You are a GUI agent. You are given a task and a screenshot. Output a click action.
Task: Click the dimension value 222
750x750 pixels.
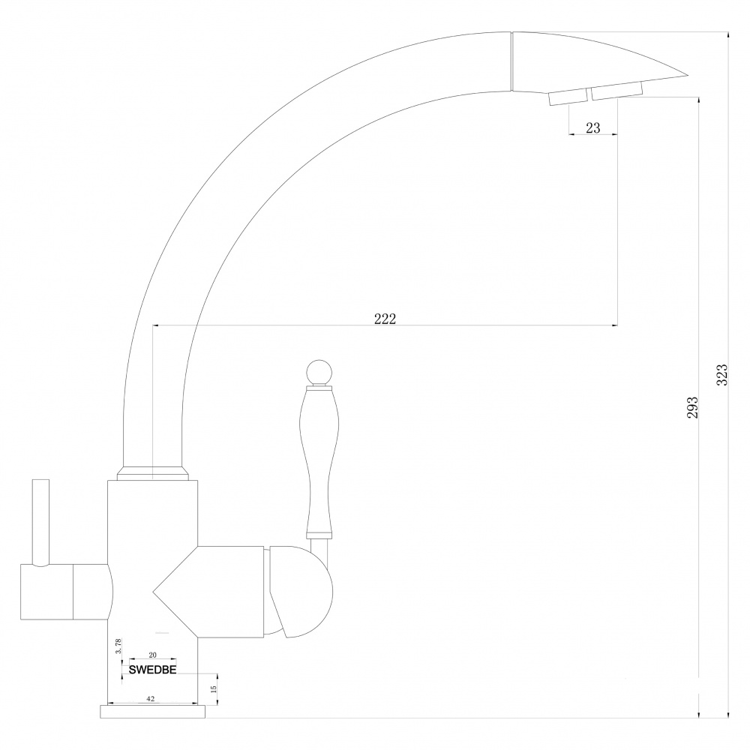click(x=385, y=318)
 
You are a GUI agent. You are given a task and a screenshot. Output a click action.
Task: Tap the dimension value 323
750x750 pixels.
click(x=721, y=374)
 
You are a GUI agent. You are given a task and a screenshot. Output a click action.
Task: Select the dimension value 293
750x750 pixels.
click(x=692, y=407)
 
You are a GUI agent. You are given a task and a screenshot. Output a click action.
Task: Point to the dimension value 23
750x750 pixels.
click(x=592, y=127)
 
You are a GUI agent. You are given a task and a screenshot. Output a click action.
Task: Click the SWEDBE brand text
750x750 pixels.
click(x=152, y=670)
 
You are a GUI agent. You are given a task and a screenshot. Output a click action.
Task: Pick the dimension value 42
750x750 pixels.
click(x=150, y=699)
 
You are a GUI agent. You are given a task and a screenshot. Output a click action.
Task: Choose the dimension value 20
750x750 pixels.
click(x=152, y=655)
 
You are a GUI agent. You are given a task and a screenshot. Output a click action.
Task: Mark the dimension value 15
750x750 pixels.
click(x=213, y=688)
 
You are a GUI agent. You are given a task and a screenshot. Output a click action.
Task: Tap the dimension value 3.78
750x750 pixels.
click(x=118, y=646)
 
